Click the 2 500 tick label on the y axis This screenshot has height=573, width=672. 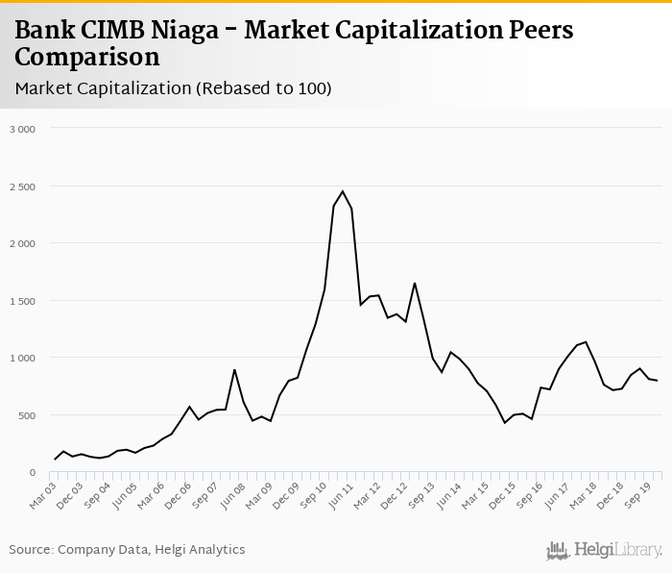pos(22,186)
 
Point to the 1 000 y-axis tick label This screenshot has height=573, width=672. pos(22,358)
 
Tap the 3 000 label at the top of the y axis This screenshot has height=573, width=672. pos(22,128)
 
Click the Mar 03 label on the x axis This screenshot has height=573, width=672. pos(42,493)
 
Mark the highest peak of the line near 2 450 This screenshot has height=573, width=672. pos(343,190)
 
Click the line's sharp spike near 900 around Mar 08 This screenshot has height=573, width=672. pos(234,369)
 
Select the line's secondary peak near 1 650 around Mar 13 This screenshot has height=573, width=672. pos(415,283)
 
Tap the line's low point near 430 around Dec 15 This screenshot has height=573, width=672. pos(505,423)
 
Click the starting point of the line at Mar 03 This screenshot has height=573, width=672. pos(55,460)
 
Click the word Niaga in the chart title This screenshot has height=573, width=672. pos(192,30)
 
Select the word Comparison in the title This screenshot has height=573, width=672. pos(87,57)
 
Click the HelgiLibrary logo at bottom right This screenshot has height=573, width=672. pos(605,549)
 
